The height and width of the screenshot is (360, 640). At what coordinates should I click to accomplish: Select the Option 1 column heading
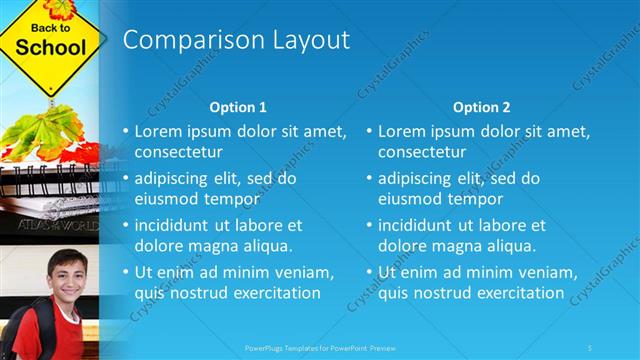pos(238,107)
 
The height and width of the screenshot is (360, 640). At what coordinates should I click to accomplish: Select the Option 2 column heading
pos(481,107)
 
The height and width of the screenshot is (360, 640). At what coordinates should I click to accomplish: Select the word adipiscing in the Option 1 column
pos(177,178)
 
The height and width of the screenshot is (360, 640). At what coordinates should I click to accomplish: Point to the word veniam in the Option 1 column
pos(302,272)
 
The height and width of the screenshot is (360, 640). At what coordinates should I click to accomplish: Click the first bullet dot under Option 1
pos(125,131)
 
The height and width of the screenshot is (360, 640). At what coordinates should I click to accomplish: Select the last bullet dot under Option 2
pos(368,272)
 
